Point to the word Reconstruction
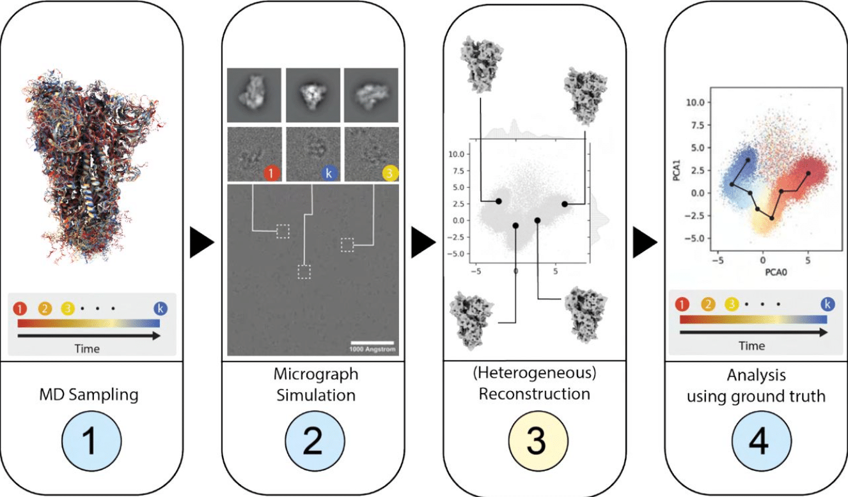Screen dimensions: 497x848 [x=535, y=394]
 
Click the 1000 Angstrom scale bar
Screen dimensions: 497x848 [x=372, y=344]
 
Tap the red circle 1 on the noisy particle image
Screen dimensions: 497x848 [x=271, y=173]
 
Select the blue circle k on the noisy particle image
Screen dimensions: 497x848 [x=328, y=173]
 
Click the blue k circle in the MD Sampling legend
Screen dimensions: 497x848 [x=160, y=309]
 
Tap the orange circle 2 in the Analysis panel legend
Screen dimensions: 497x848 [x=708, y=303]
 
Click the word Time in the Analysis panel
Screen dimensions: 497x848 [x=751, y=346]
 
